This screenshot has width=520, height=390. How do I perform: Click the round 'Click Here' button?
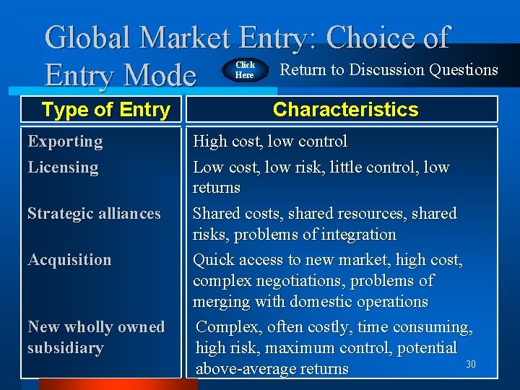246,70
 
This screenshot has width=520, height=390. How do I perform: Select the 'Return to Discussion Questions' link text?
389,69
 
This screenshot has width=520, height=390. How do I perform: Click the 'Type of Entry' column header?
105,110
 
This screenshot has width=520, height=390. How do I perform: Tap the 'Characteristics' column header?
345,110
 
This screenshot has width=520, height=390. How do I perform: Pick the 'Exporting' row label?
65,142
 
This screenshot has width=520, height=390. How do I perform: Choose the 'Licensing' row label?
63,168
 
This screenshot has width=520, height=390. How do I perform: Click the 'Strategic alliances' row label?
94,214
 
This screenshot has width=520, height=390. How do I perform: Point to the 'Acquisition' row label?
69,260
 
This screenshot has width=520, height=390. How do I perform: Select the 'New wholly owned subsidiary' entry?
95,337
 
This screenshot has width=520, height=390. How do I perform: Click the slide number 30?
471,364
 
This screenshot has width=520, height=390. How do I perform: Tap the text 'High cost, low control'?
269,142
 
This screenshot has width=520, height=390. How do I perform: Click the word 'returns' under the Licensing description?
216,188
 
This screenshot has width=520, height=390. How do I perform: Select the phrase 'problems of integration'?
294,235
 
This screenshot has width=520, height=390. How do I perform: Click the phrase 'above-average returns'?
272,369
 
